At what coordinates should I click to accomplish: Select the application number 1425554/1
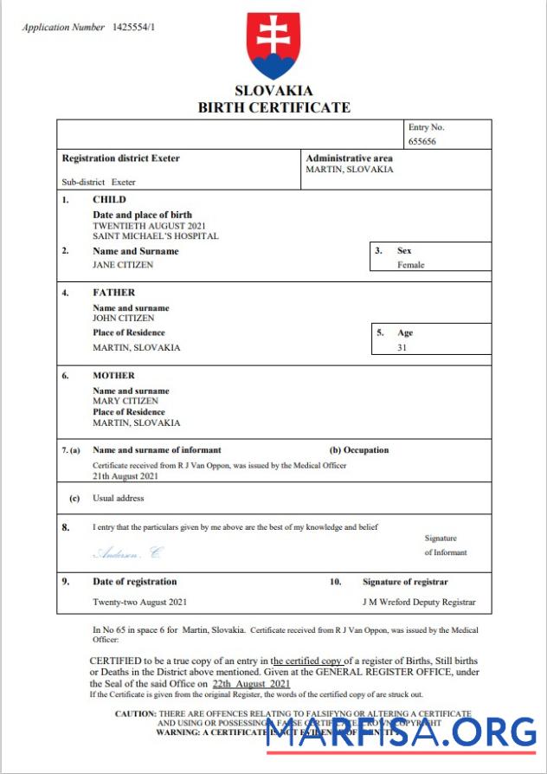[134, 28]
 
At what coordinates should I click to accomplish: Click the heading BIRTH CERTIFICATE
[273, 107]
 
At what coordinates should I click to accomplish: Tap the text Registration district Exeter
[121, 158]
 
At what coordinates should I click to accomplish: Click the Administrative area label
[349, 158]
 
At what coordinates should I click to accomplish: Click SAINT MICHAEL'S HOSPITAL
[156, 235]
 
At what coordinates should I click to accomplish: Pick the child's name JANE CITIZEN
[123, 265]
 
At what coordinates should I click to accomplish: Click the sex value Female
[411, 265]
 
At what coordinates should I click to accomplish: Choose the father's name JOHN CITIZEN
[124, 318]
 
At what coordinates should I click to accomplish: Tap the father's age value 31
[402, 347]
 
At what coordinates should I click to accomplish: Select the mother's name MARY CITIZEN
[125, 401]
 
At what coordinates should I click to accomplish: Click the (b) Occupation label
[359, 450]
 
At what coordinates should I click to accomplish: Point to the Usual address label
[119, 499]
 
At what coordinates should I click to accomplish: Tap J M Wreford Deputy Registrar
[418, 602]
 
